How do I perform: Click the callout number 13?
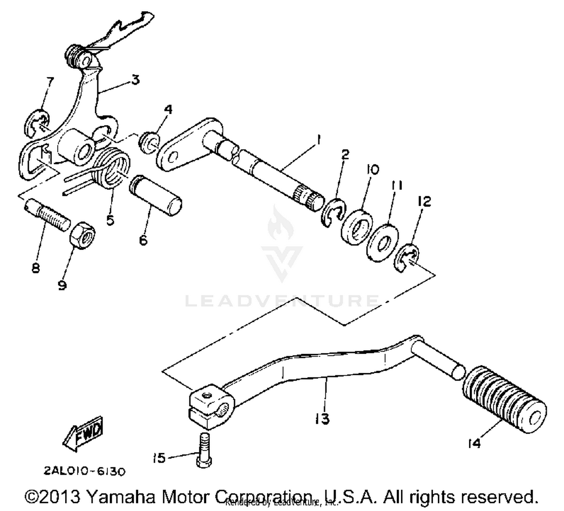point(322,418)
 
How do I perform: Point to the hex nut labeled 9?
point(82,235)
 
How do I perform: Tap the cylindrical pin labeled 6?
point(156,195)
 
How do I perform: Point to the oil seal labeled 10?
point(357,227)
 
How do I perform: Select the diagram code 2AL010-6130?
point(85,471)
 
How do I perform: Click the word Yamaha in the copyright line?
point(121,497)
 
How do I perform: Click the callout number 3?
point(135,80)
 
